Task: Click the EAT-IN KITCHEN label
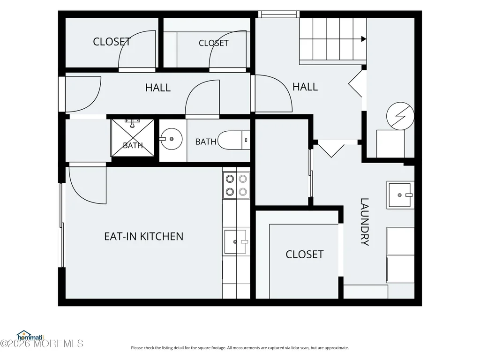143,236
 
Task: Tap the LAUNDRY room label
364,222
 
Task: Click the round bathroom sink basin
171,139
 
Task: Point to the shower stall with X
133,138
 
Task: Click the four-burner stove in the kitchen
236,185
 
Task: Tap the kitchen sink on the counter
235,242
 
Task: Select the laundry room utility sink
400,195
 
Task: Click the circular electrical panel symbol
400,116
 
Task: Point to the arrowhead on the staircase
364,39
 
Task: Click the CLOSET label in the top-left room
112,42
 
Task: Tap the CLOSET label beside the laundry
304,255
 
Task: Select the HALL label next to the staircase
305,87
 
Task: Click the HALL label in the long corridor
157,88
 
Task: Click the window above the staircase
279,14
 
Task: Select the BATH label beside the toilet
206,142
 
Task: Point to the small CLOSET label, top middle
213,43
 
